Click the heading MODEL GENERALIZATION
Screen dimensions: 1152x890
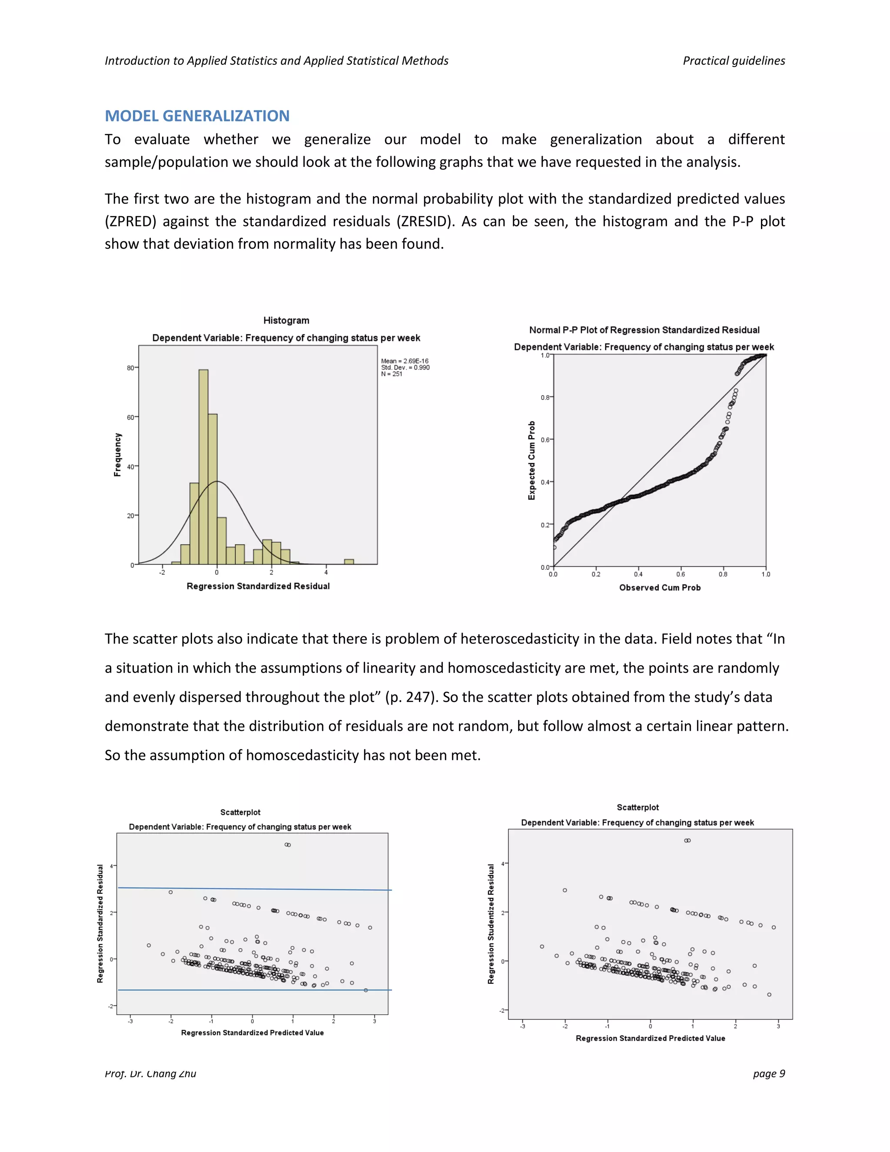pyautogui.click(x=197, y=116)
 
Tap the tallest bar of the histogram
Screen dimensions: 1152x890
pyautogui.click(x=203, y=467)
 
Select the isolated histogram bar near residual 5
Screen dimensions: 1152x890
pyautogui.click(x=349, y=562)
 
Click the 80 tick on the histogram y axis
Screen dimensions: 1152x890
pyautogui.click(x=130, y=368)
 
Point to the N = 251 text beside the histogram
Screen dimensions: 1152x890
pyautogui.click(x=392, y=374)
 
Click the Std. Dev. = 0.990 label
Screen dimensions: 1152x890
pyautogui.click(x=405, y=368)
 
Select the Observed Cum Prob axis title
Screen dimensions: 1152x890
pyautogui.click(x=660, y=588)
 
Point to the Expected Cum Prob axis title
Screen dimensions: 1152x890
pyautogui.click(x=531, y=460)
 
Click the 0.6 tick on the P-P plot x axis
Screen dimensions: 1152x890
pyautogui.click(x=681, y=574)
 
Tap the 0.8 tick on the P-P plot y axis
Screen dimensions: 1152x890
pyautogui.click(x=545, y=397)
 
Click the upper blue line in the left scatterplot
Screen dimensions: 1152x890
pyautogui.click(x=253, y=889)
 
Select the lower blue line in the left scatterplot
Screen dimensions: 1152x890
pyautogui.click(x=253, y=990)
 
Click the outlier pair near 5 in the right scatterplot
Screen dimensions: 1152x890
pyautogui.click(x=687, y=841)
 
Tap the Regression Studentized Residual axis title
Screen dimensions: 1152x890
pyautogui.click(x=491, y=924)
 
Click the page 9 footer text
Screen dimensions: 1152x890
pyautogui.click(x=769, y=1073)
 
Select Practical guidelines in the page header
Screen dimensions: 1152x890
pyautogui.click(x=734, y=61)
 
